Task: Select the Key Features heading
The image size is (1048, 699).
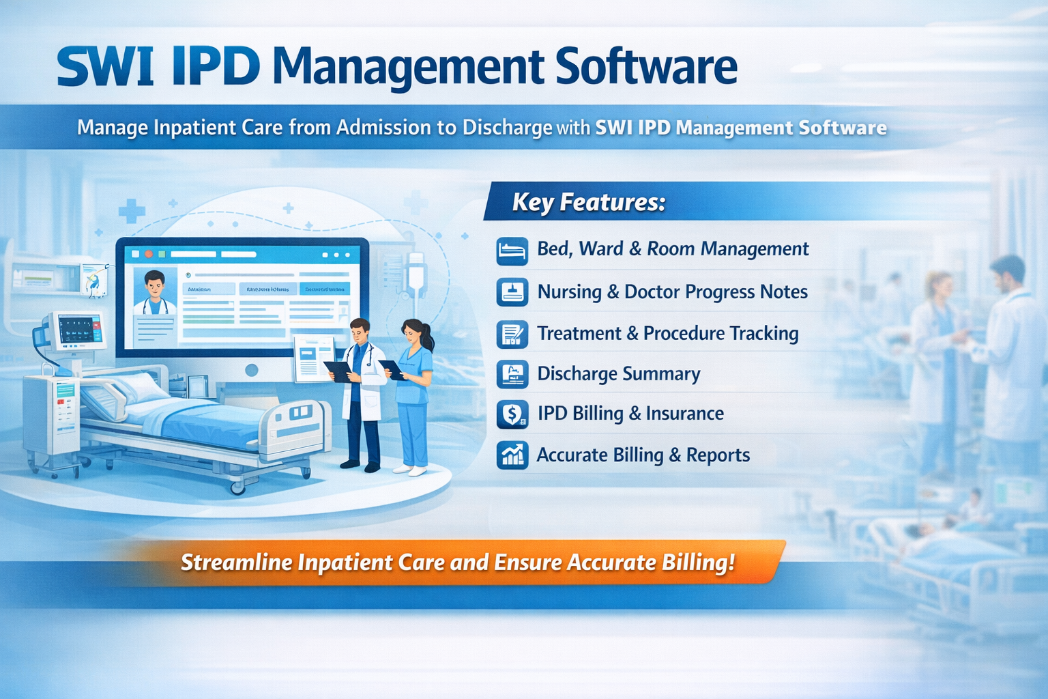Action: click(x=588, y=202)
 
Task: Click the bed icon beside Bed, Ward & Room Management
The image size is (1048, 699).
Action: click(x=512, y=251)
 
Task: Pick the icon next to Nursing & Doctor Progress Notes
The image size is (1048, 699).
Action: click(x=512, y=292)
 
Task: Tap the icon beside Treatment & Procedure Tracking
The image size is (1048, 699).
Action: click(x=512, y=334)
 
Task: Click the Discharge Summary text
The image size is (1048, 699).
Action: click(x=618, y=374)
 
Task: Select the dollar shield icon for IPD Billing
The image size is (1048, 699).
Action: click(x=512, y=414)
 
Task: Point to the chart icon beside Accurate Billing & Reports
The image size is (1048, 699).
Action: click(x=512, y=455)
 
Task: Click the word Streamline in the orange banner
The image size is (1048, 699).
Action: click(x=237, y=562)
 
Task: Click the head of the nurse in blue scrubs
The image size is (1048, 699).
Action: click(x=415, y=332)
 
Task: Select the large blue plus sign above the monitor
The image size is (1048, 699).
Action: click(x=132, y=211)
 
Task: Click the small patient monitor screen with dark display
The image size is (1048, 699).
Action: click(x=81, y=330)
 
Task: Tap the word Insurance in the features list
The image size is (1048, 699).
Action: click(x=684, y=414)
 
